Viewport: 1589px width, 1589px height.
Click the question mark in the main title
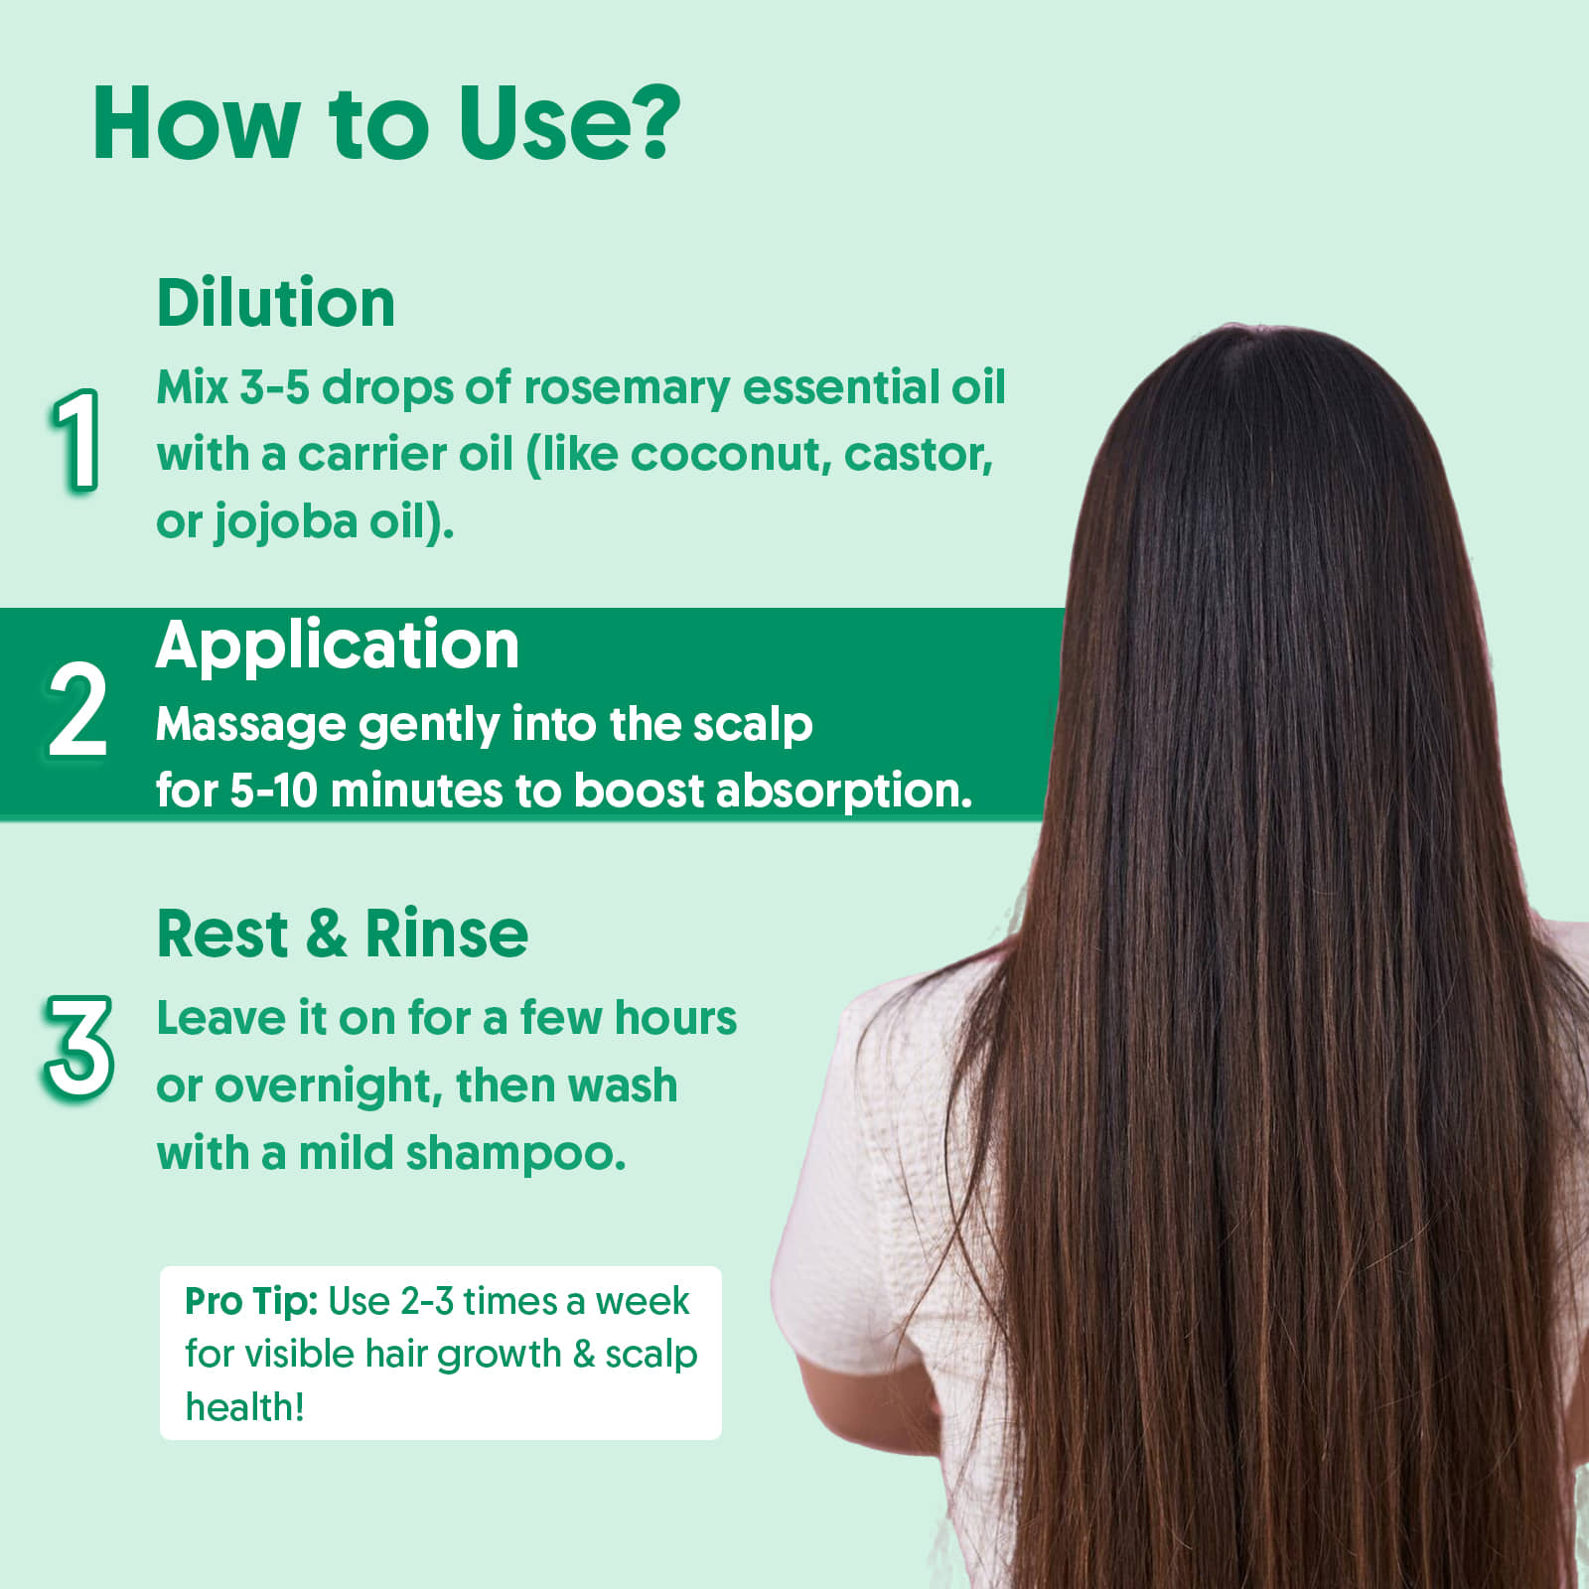click(647, 121)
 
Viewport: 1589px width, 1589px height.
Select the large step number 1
click(76, 439)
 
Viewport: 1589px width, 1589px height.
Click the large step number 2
click(76, 709)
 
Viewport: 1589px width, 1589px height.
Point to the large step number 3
click(78, 1047)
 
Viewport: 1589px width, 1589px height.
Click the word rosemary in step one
click(626, 388)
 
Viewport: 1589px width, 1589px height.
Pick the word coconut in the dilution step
click(730, 455)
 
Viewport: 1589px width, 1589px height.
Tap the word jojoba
click(285, 522)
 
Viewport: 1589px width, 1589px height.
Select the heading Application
click(338, 648)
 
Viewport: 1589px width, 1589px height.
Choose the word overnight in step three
click(328, 1087)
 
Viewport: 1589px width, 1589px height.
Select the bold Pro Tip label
click(251, 1302)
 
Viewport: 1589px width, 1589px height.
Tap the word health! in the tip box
click(244, 1407)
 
